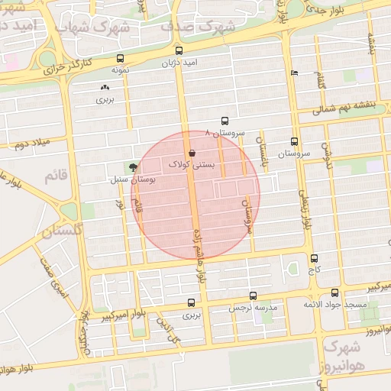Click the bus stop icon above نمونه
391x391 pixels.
pyautogui.click(x=120, y=59)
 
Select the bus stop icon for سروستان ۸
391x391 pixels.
pyautogui.click(x=225, y=121)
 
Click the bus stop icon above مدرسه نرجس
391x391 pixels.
pyautogui.click(x=253, y=296)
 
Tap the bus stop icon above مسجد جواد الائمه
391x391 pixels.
pyautogui.click(x=334, y=292)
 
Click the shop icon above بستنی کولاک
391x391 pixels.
pyautogui.click(x=191, y=153)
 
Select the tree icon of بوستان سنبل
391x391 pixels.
pyautogui.click(x=134, y=167)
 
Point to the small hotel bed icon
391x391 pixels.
pyautogui.click(x=295, y=73)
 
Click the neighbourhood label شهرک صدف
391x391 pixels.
pyautogui.click(x=194, y=26)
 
